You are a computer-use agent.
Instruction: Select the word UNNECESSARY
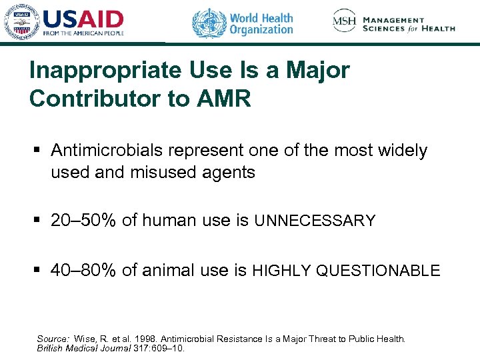tap(315, 221)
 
